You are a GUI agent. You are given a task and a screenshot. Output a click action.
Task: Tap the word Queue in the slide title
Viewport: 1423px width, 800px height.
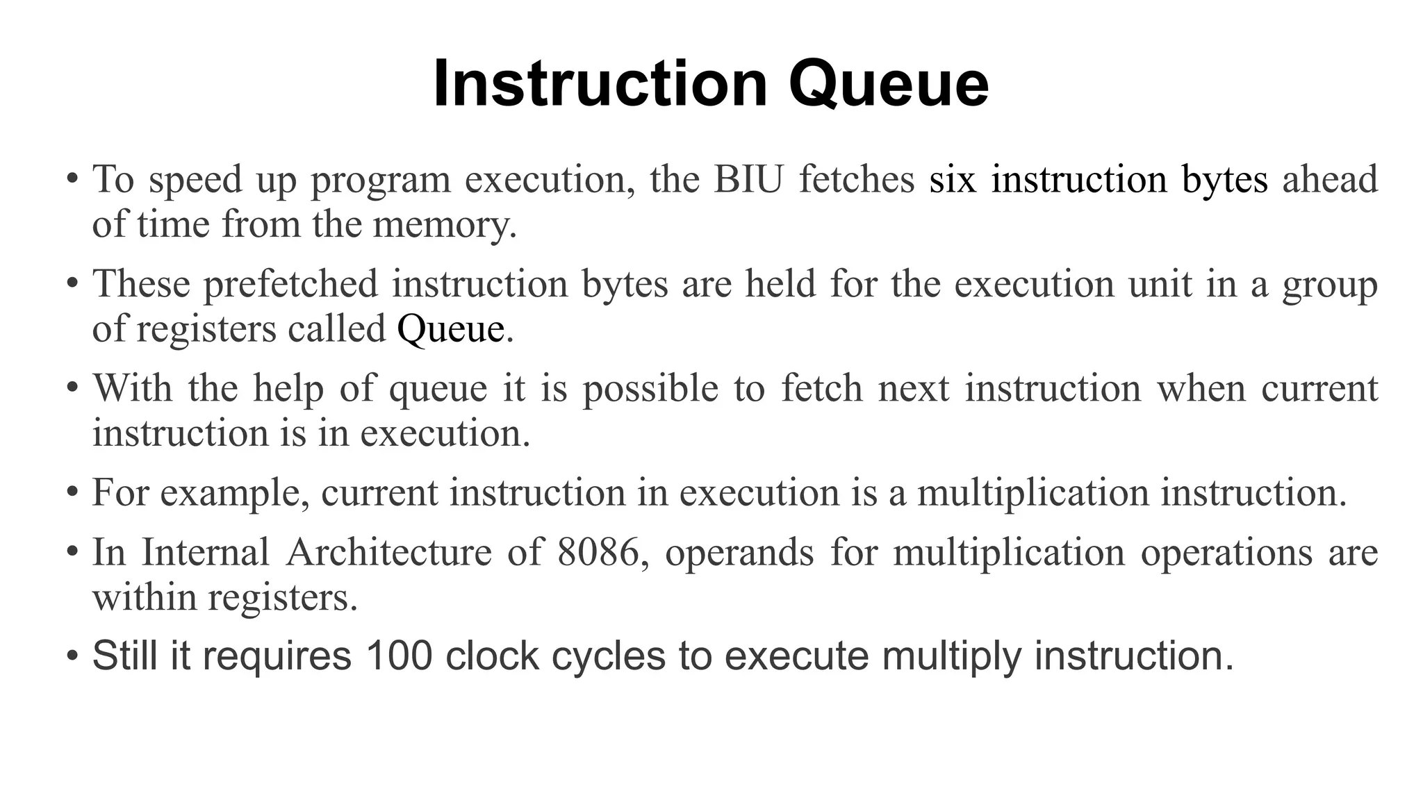(x=889, y=84)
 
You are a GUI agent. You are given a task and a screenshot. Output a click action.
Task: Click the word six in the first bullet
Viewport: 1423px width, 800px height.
(x=953, y=179)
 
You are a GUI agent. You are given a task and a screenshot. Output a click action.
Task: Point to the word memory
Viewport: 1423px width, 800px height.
(x=445, y=224)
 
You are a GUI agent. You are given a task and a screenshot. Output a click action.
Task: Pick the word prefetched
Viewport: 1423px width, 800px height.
(x=291, y=284)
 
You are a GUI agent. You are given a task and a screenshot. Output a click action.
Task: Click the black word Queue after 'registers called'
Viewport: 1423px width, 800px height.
(x=450, y=328)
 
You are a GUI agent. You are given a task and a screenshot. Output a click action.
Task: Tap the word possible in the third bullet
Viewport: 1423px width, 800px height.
(x=650, y=388)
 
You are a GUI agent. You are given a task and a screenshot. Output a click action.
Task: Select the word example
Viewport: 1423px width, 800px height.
(x=235, y=493)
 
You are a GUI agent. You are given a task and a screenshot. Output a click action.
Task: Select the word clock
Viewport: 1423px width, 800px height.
(x=492, y=655)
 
